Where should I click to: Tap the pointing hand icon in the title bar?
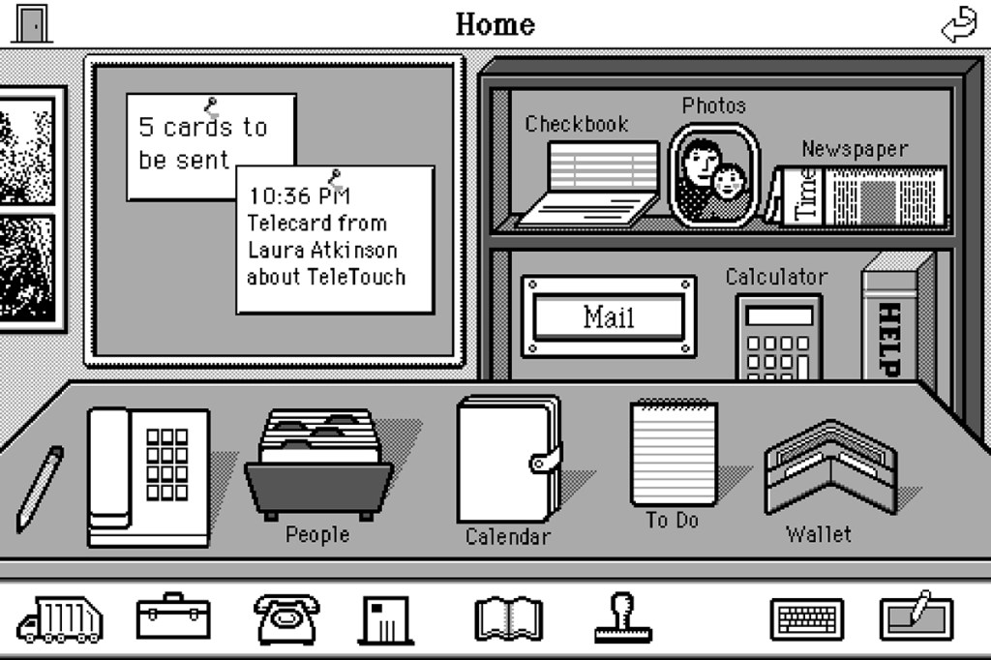coord(960,25)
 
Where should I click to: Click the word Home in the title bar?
coord(495,24)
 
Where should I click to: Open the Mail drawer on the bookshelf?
coord(609,316)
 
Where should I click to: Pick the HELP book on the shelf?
coord(889,319)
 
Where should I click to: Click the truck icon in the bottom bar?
coord(60,618)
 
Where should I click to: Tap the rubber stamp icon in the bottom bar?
coord(622,618)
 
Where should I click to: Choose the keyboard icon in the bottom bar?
coord(807,618)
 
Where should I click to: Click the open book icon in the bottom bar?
coord(508,618)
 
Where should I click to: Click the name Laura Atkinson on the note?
coord(322,250)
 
